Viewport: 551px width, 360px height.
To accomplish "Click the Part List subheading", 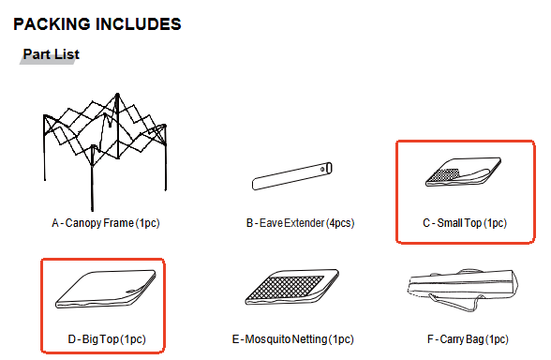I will [51, 54].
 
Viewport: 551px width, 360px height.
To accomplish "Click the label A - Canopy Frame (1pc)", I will [105, 224].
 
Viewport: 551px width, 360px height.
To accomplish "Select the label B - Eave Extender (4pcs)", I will [300, 224].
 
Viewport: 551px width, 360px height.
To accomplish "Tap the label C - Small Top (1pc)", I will [465, 224].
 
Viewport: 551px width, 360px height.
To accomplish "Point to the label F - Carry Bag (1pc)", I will [464, 337].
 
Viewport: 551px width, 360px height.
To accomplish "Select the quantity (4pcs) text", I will [338, 224].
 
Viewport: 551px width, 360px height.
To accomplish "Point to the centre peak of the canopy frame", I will [117, 97].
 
